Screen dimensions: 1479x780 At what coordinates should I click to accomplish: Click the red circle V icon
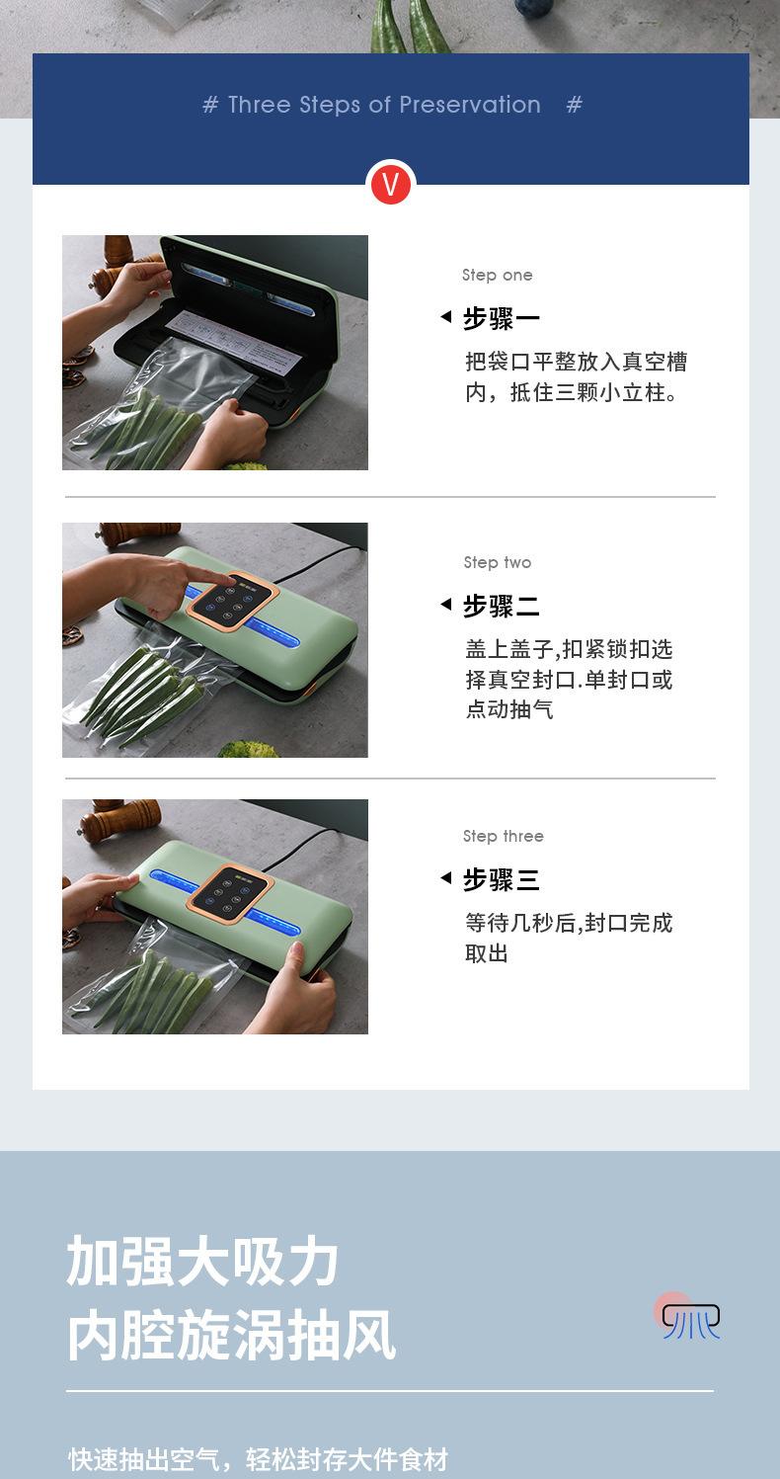click(x=390, y=185)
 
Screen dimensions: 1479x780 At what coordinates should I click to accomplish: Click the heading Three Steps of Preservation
click(x=384, y=105)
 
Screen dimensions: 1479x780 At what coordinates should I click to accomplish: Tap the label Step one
click(x=497, y=275)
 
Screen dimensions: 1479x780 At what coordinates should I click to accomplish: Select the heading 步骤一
click(x=502, y=318)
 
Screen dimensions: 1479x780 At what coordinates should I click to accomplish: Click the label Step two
click(x=498, y=562)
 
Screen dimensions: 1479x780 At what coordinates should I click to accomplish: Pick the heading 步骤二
click(x=502, y=606)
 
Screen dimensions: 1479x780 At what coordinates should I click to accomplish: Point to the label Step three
click(x=504, y=836)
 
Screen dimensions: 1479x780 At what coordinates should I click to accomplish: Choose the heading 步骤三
click(x=502, y=879)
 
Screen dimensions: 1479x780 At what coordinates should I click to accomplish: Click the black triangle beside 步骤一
click(x=446, y=317)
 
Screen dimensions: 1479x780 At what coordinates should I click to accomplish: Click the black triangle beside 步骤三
click(x=446, y=877)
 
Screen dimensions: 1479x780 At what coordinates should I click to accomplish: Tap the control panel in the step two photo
click(x=234, y=599)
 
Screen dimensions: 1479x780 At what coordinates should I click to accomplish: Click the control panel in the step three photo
click(x=231, y=894)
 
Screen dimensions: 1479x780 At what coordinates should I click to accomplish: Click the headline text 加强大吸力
click(x=203, y=1262)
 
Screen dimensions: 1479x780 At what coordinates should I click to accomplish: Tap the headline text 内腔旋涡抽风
click(x=231, y=1335)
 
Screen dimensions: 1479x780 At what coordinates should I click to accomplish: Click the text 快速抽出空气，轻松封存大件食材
click(x=259, y=1458)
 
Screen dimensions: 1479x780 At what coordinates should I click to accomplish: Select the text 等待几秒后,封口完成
click(x=569, y=923)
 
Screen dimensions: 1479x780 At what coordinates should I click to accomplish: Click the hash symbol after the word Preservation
click(x=575, y=105)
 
